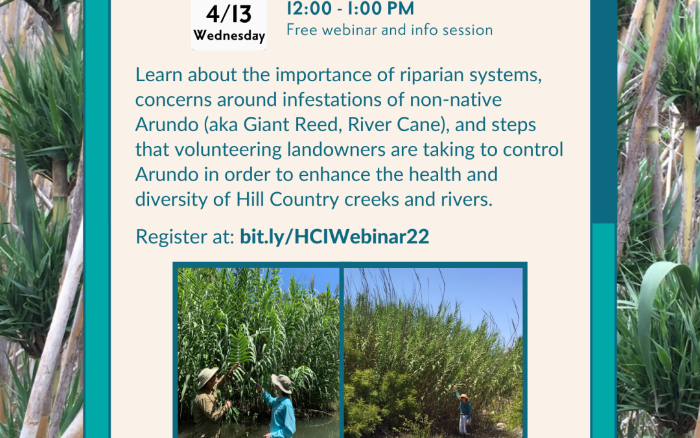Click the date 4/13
229,14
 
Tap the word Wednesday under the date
229,36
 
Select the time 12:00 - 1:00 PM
351,8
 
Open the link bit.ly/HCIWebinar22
334,236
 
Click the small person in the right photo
464,411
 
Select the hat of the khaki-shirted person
207,376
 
